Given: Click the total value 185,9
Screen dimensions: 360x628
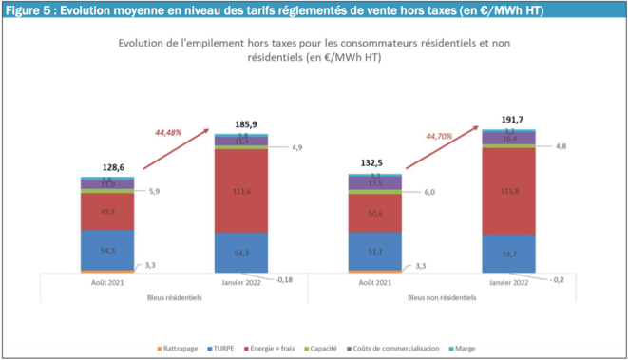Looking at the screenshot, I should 241,124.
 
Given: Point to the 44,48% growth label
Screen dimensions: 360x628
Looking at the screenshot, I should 171,132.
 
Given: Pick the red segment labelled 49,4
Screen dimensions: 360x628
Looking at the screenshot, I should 107,211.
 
